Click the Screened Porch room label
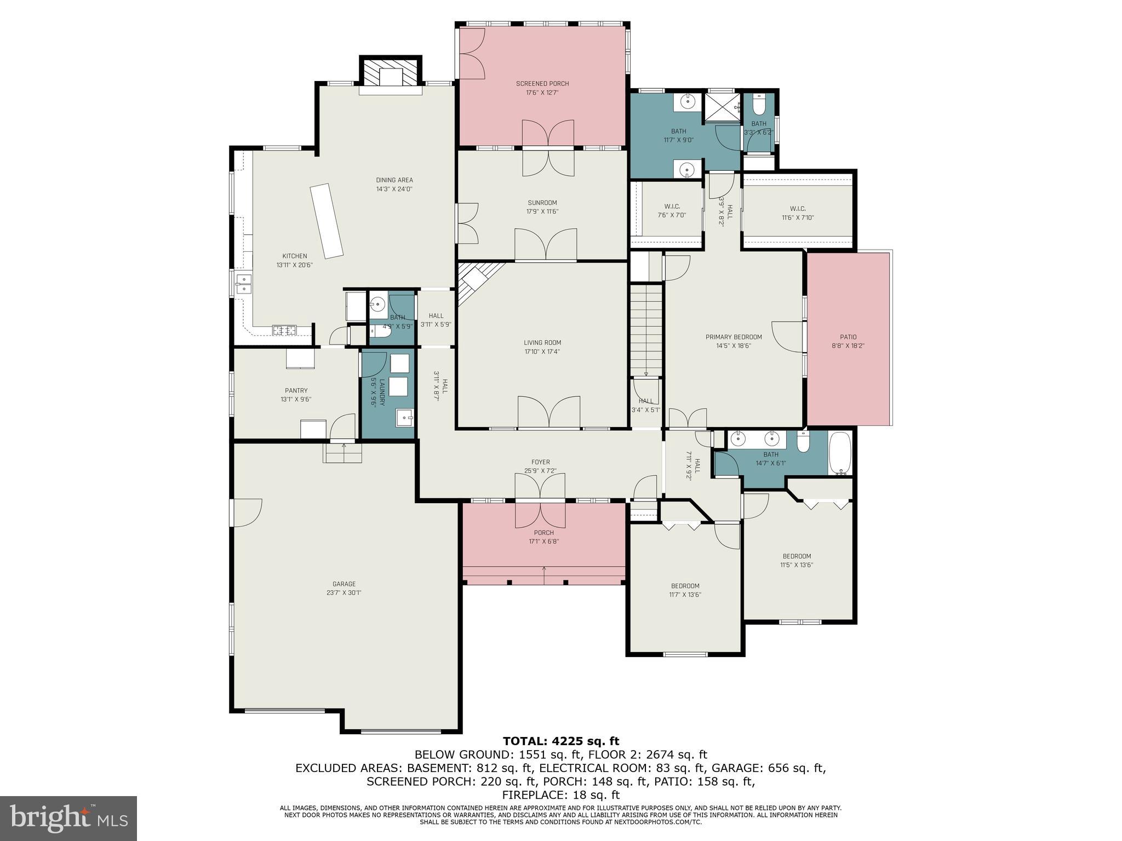coord(542,84)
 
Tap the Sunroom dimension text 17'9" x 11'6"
coord(542,212)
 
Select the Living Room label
coord(542,343)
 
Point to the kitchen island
coord(327,221)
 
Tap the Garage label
coord(344,584)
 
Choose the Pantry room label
coord(296,390)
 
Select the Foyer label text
coord(540,462)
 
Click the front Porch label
coord(543,533)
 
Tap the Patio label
coord(848,337)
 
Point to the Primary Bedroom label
coord(734,337)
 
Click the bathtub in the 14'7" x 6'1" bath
coord(840,453)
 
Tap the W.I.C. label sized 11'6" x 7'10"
coord(798,209)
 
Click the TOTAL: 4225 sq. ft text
coord(560,741)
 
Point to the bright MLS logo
coord(68,818)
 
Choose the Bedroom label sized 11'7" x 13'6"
coord(685,586)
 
